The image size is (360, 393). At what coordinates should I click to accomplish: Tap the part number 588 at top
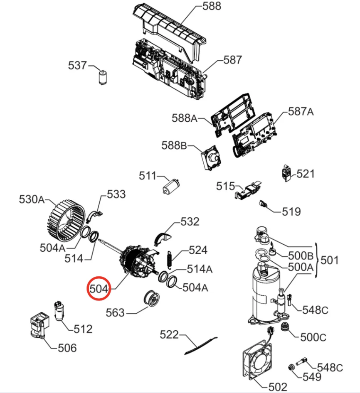pos(211,7)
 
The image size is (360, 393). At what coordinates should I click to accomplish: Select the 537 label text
pos(78,66)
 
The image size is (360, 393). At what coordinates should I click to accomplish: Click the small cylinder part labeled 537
pos(102,77)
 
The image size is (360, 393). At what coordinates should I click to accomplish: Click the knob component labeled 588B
pos(211,158)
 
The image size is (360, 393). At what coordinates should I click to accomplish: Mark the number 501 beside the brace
pos(330,260)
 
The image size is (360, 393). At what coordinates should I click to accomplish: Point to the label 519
pos(291,212)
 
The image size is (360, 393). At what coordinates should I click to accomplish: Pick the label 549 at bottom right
pos(312,377)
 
